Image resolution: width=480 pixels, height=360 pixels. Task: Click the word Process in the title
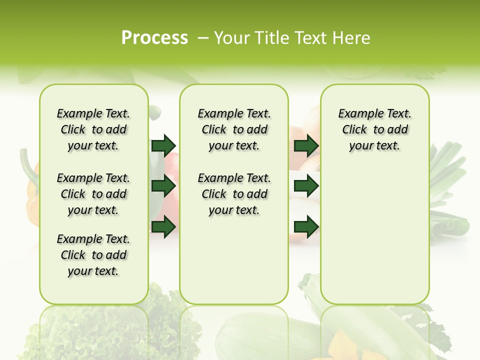(x=154, y=38)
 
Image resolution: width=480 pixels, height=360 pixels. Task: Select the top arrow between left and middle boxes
(x=163, y=145)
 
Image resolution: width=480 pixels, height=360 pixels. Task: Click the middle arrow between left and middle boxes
(x=163, y=186)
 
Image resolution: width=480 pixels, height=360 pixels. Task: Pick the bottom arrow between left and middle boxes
(x=163, y=226)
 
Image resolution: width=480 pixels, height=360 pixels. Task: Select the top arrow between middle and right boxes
(x=306, y=145)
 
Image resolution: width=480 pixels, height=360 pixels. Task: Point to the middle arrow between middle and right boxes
(x=306, y=186)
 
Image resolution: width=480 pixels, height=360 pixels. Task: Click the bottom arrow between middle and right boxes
(x=306, y=226)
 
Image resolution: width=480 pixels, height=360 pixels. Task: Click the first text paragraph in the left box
(x=93, y=129)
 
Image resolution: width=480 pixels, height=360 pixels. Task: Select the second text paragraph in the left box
(x=93, y=194)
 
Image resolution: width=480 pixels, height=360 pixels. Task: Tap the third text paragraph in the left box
(x=93, y=255)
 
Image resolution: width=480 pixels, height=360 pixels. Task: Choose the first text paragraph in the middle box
(x=234, y=129)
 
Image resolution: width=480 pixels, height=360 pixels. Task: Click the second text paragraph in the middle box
(x=234, y=194)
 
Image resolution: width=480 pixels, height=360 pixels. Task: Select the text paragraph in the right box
(x=374, y=129)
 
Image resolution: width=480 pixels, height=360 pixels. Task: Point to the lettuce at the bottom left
(x=165, y=320)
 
